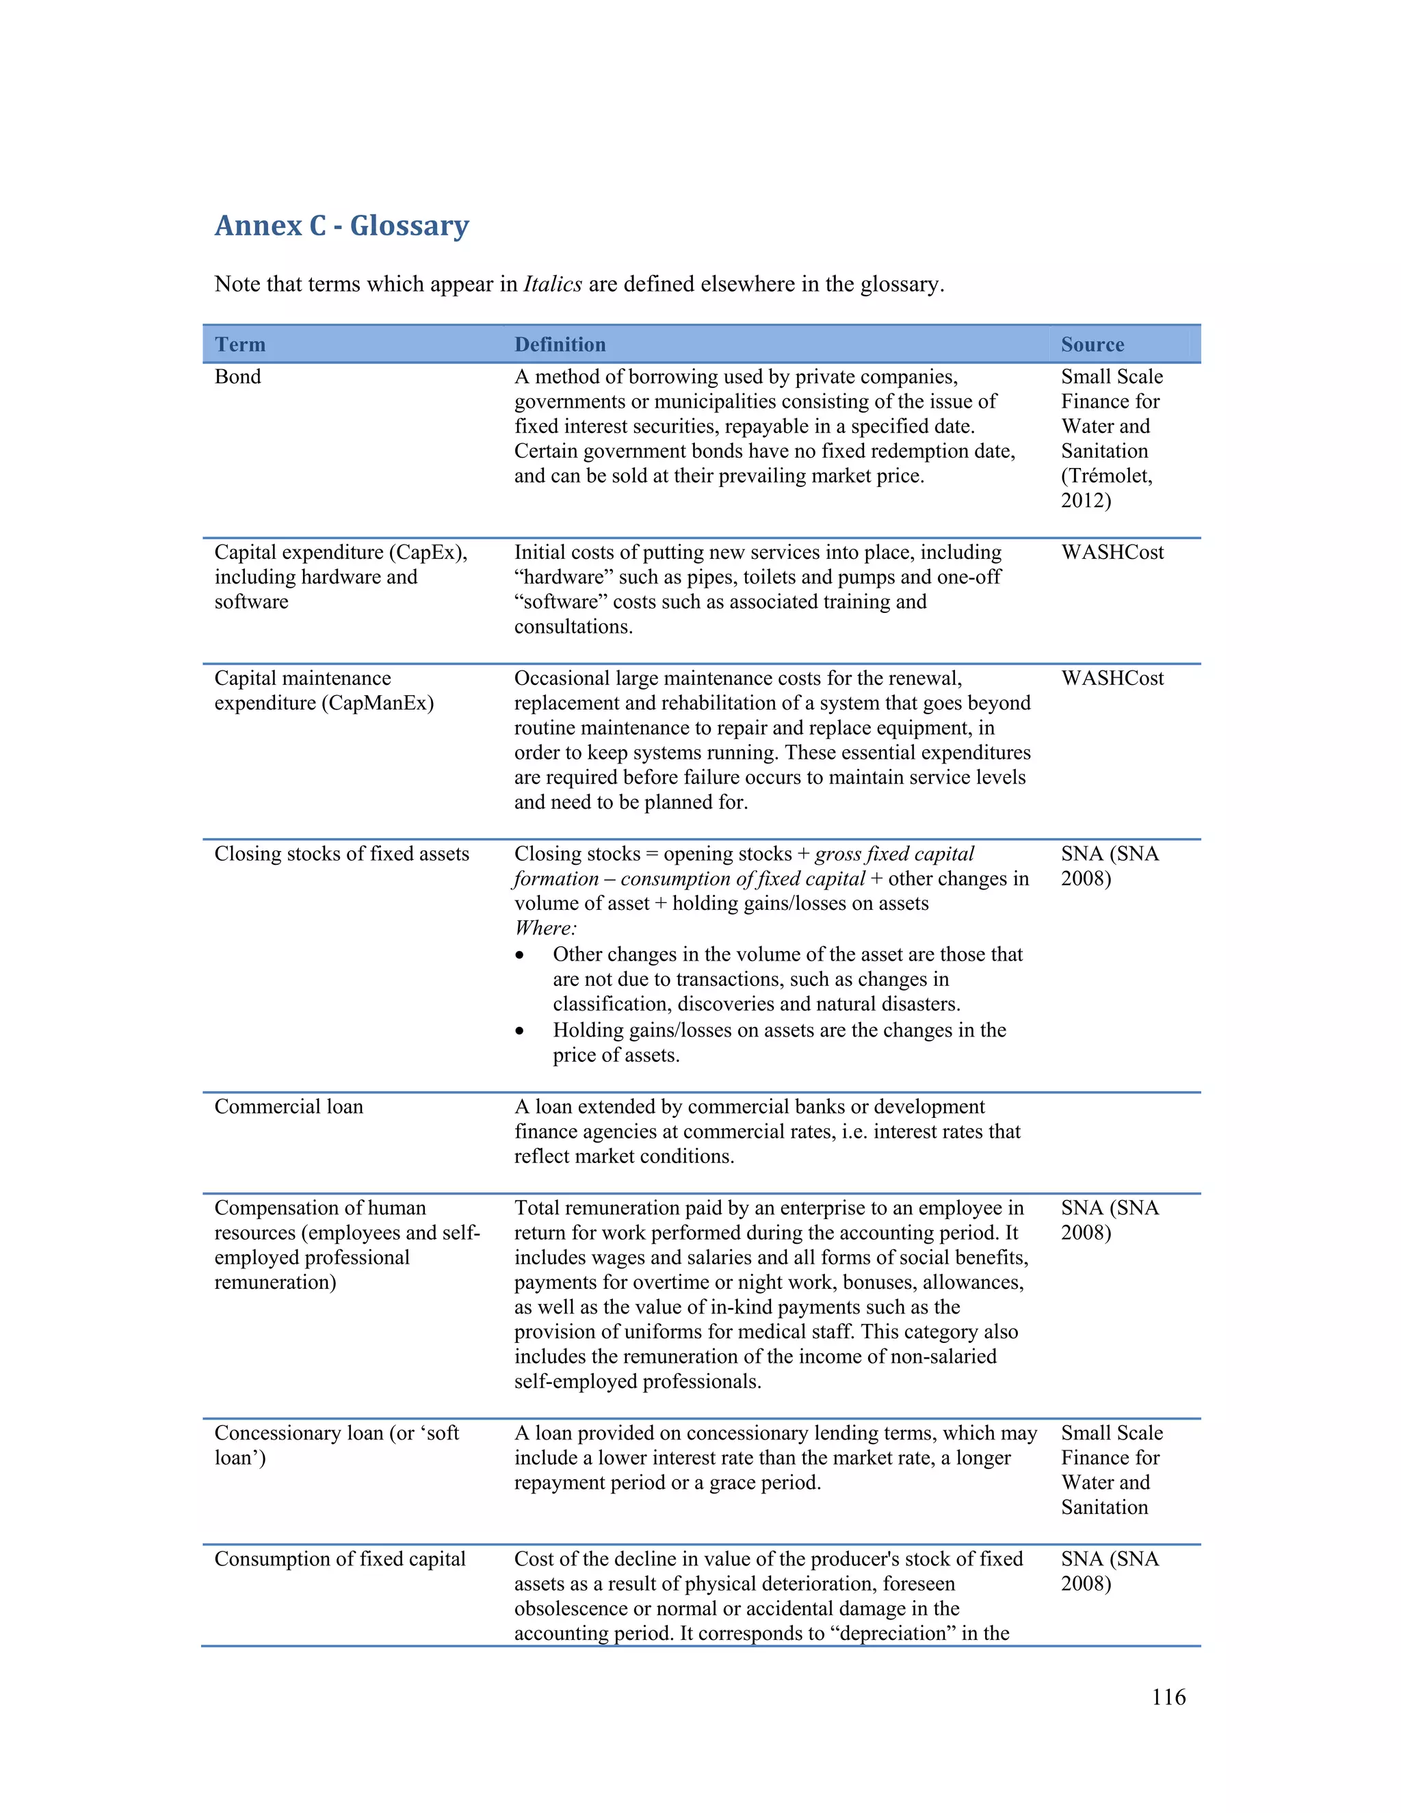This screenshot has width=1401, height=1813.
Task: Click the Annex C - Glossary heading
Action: (x=341, y=225)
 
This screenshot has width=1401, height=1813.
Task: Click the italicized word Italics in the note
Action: (x=552, y=284)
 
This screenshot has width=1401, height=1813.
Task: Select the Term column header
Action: (x=240, y=345)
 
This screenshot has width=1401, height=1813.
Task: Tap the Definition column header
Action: (x=560, y=345)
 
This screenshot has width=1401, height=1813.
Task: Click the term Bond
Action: (x=237, y=377)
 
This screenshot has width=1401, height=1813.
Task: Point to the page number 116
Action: (x=1168, y=1697)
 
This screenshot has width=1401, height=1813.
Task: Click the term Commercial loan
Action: (x=288, y=1106)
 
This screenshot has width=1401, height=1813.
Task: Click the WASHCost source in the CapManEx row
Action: (x=1112, y=678)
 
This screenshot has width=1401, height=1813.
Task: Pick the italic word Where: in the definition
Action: (x=545, y=928)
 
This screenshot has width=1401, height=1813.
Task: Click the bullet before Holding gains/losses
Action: (x=520, y=1031)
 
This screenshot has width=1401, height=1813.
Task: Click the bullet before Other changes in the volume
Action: (x=520, y=956)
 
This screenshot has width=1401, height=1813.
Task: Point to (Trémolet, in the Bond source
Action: (x=1106, y=475)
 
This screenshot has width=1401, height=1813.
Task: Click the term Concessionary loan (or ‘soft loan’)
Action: (x=336, y=1444)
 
